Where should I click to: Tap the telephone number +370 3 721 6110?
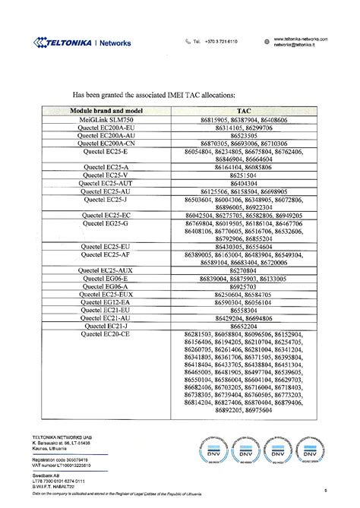220,41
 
